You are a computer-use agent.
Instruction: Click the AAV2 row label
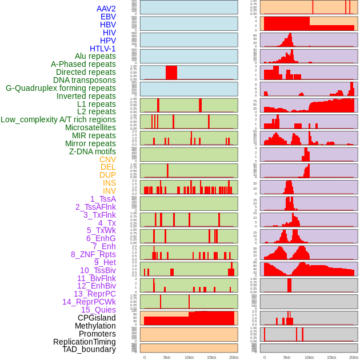tap(106, 9)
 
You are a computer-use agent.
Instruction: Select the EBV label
tap(108, 17)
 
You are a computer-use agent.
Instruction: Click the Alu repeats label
tap(95, 56)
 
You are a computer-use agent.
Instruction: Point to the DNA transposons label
tap(85, 80)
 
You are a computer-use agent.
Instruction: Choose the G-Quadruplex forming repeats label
tap(61, 88)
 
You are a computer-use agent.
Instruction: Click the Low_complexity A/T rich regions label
tap(58, 119)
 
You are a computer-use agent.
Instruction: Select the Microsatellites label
tap(90, 127)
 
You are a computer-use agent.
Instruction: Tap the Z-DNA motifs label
tap(92, 151)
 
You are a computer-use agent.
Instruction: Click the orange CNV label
tap(107, 159)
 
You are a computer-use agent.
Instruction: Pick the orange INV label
tap(109, 191)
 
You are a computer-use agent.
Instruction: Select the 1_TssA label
tap(103, 199)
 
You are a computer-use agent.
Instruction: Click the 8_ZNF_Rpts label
tap(93, 254)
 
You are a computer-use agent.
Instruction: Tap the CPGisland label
tap(97, 318)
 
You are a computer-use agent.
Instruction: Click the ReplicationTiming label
tap(84, 342)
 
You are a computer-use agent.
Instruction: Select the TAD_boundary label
tap(89, 349)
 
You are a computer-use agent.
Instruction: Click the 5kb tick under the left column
tap(167, 357)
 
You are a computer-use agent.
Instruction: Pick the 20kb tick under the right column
tap(354, 357)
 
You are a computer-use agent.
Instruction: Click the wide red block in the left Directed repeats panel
tap(171, 73)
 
